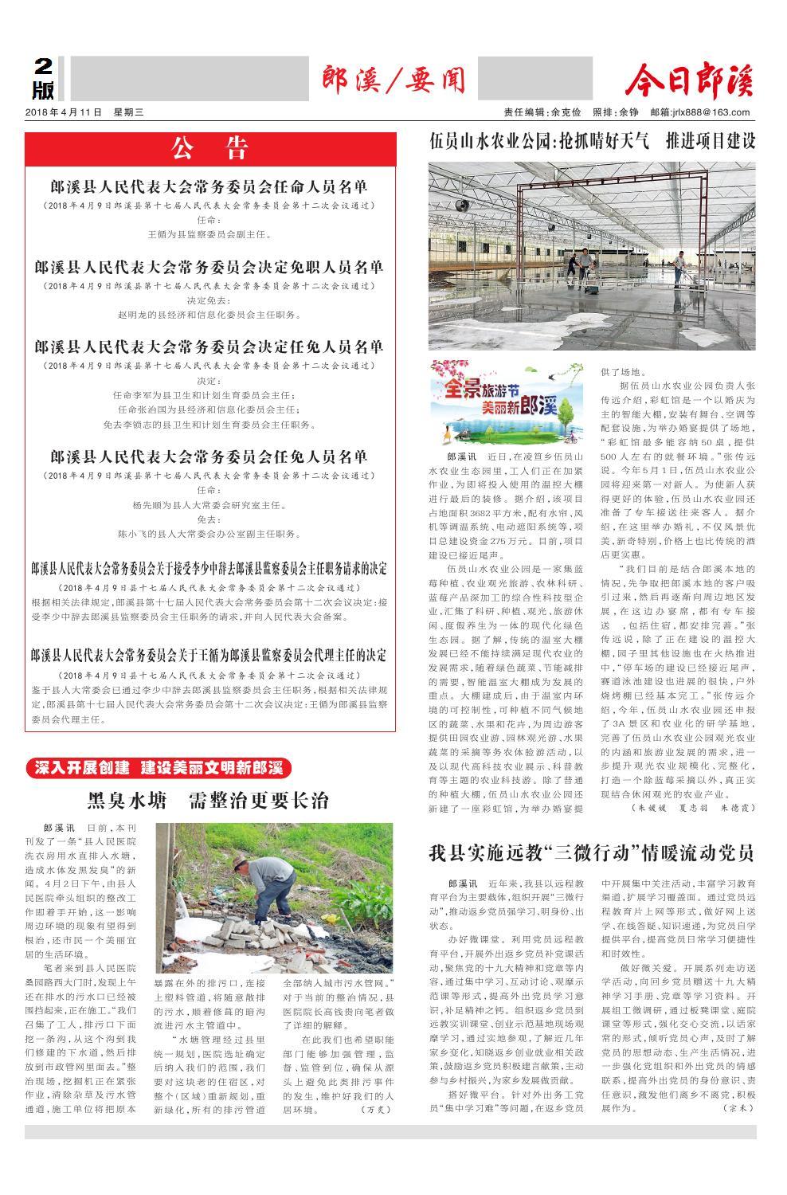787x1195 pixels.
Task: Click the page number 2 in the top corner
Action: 42,67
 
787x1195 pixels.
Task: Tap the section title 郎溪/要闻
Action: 393,80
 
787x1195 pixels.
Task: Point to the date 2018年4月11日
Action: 64,112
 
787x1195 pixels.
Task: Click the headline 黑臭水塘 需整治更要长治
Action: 208,800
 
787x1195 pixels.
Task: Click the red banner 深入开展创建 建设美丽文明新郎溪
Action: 159,768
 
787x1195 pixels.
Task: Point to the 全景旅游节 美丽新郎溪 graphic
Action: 505,401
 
